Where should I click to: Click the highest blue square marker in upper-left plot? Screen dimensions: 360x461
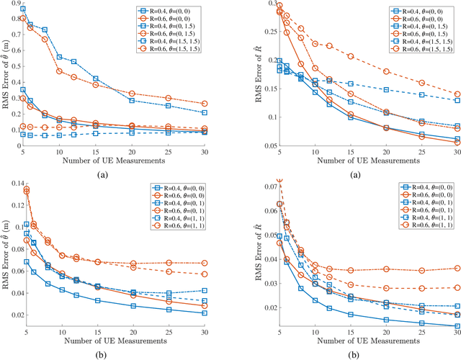pyautogui.click(x=23, y=9)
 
